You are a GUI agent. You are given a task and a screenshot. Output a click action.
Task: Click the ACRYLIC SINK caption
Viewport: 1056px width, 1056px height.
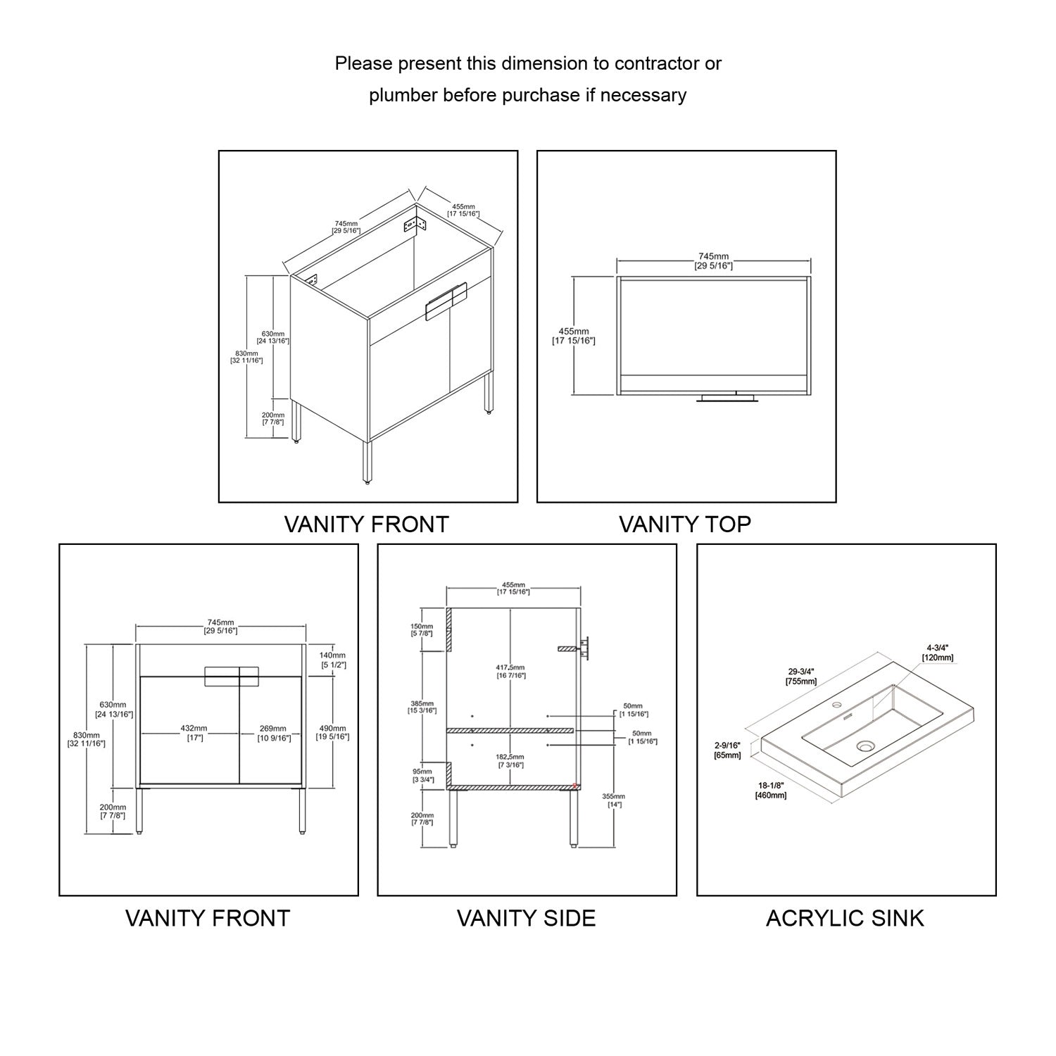pyautogui.click(x=845, y=918)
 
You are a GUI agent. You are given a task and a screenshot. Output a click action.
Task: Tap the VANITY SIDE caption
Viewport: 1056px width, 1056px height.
pyautogui.click(x=526, y=918)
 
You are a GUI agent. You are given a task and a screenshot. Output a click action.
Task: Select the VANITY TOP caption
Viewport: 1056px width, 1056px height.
pyautogui.click(x=685, y=524)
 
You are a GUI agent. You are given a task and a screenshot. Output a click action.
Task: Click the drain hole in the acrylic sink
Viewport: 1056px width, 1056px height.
pyautogui.click(x=865, y=746)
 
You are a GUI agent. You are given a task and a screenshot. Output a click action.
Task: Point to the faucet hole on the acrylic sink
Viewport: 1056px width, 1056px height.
pyautogui.click(x=837, y=705)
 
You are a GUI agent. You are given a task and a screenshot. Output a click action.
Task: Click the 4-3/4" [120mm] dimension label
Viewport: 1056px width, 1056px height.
pyautogui.click(x=939, y=652)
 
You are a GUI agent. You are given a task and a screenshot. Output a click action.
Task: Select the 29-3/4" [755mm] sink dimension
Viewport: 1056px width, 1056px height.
pyautogui.click(x=801, y=677)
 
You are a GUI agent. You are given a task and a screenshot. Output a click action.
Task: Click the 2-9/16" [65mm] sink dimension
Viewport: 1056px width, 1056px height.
pyautogui.click(x=729, y=750)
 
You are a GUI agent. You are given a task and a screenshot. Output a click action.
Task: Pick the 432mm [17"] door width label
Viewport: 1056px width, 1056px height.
pyautogui.click(x=194, y=733)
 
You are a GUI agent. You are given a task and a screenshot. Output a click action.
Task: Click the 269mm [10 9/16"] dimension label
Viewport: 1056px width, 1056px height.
pyautogui.click(x=273, y=733)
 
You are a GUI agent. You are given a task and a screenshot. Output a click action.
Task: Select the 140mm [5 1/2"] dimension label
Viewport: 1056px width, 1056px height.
pyautogui.click(x=334, y=660)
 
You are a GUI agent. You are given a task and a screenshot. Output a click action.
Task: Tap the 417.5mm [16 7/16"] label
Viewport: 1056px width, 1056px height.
pyautogui.click(x=510, y=671)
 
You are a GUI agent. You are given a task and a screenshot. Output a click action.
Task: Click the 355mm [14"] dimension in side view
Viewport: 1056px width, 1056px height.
pyautogui.click(x=614, y=800)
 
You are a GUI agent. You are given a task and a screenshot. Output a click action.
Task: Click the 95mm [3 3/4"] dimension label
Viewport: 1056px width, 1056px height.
pyautogui.click(x=422, y=775)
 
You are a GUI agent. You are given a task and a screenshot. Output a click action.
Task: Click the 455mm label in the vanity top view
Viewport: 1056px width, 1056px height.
pyautogui.click(x=574, y=336)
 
